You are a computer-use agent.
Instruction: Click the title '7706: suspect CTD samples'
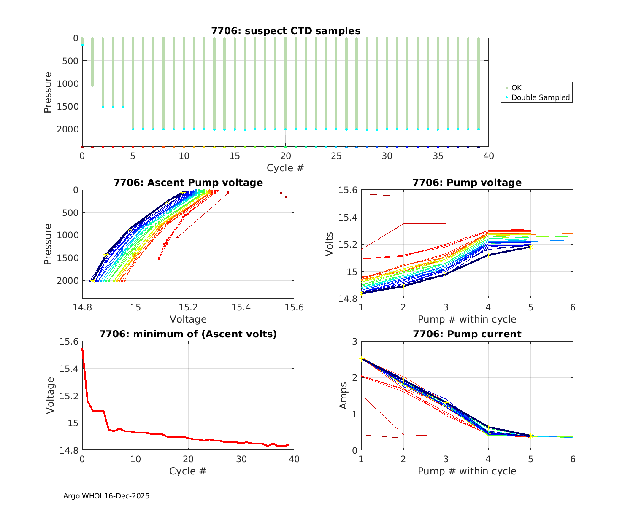286,31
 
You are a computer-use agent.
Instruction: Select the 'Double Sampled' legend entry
540,97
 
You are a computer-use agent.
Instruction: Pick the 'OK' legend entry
516,88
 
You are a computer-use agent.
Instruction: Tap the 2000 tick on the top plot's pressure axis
68,129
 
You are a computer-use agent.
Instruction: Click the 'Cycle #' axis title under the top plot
285,168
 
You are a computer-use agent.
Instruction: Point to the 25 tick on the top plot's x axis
336,156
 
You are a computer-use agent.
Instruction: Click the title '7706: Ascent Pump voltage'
188,183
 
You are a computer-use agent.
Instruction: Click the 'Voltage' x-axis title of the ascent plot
188,319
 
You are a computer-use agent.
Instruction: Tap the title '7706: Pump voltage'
467,183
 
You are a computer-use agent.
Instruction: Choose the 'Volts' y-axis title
330,244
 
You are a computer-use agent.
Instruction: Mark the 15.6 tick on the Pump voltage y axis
347,190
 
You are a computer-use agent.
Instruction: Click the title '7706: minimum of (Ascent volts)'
188,334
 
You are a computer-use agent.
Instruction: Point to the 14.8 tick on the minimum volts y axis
68,451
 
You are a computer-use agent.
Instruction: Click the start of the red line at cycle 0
82,349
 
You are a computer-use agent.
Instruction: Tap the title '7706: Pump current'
467,334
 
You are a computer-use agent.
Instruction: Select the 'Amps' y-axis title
344,396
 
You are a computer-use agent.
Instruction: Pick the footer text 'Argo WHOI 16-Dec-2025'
106,496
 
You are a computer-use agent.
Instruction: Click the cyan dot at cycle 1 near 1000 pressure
92,86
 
